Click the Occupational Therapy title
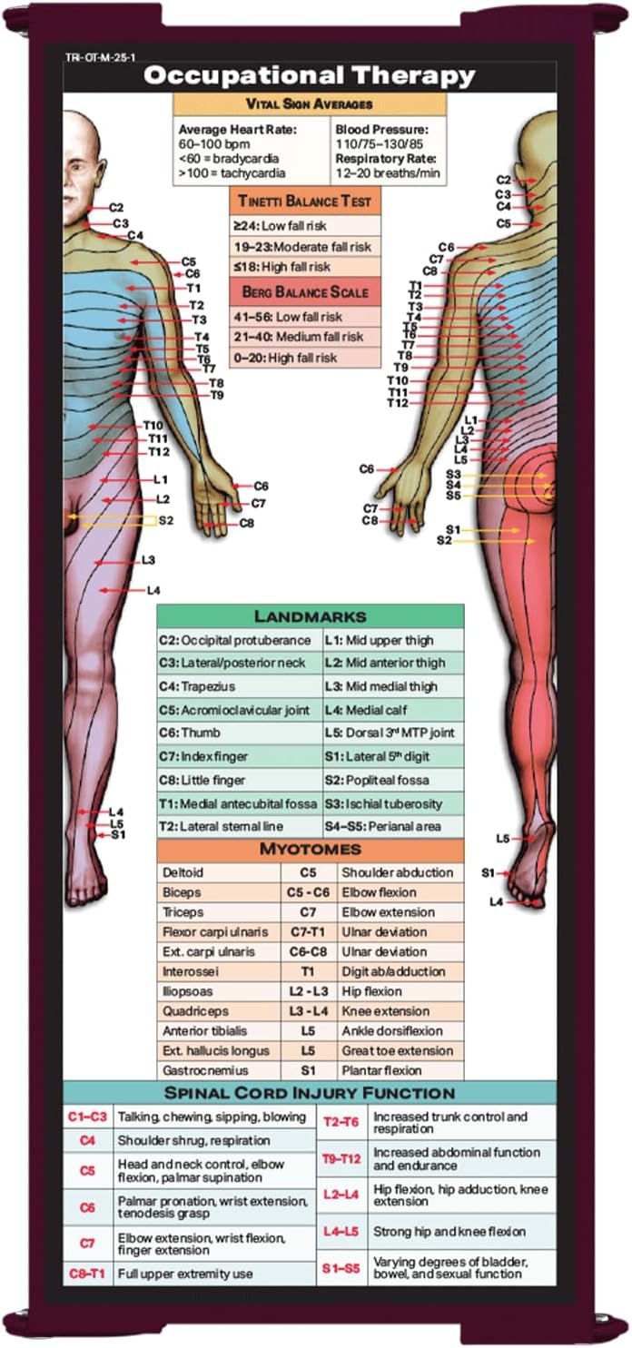coord(310,76)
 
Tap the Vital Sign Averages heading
coord(310,104)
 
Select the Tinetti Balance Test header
coord(304,201)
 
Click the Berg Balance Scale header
coord(304,292)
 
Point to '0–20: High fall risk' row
coord(285,358)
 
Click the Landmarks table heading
coord(310,617)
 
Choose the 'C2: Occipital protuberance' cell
coord(235,640)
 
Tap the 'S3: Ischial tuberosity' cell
coord(383,804)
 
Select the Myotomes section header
coord(310,849)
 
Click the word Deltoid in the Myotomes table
coord(183,872)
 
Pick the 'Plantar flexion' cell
coord(381,1070)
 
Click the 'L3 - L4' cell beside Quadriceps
coord(308,1011)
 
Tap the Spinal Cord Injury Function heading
coord(310,1093)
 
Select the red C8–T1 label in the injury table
coord(87,1274)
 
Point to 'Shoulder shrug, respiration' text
coord(193,1140)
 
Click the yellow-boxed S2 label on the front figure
coord(165,520)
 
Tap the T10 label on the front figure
coord(153,426)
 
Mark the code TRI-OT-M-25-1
coord(101,58)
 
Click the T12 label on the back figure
coord(397,403)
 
